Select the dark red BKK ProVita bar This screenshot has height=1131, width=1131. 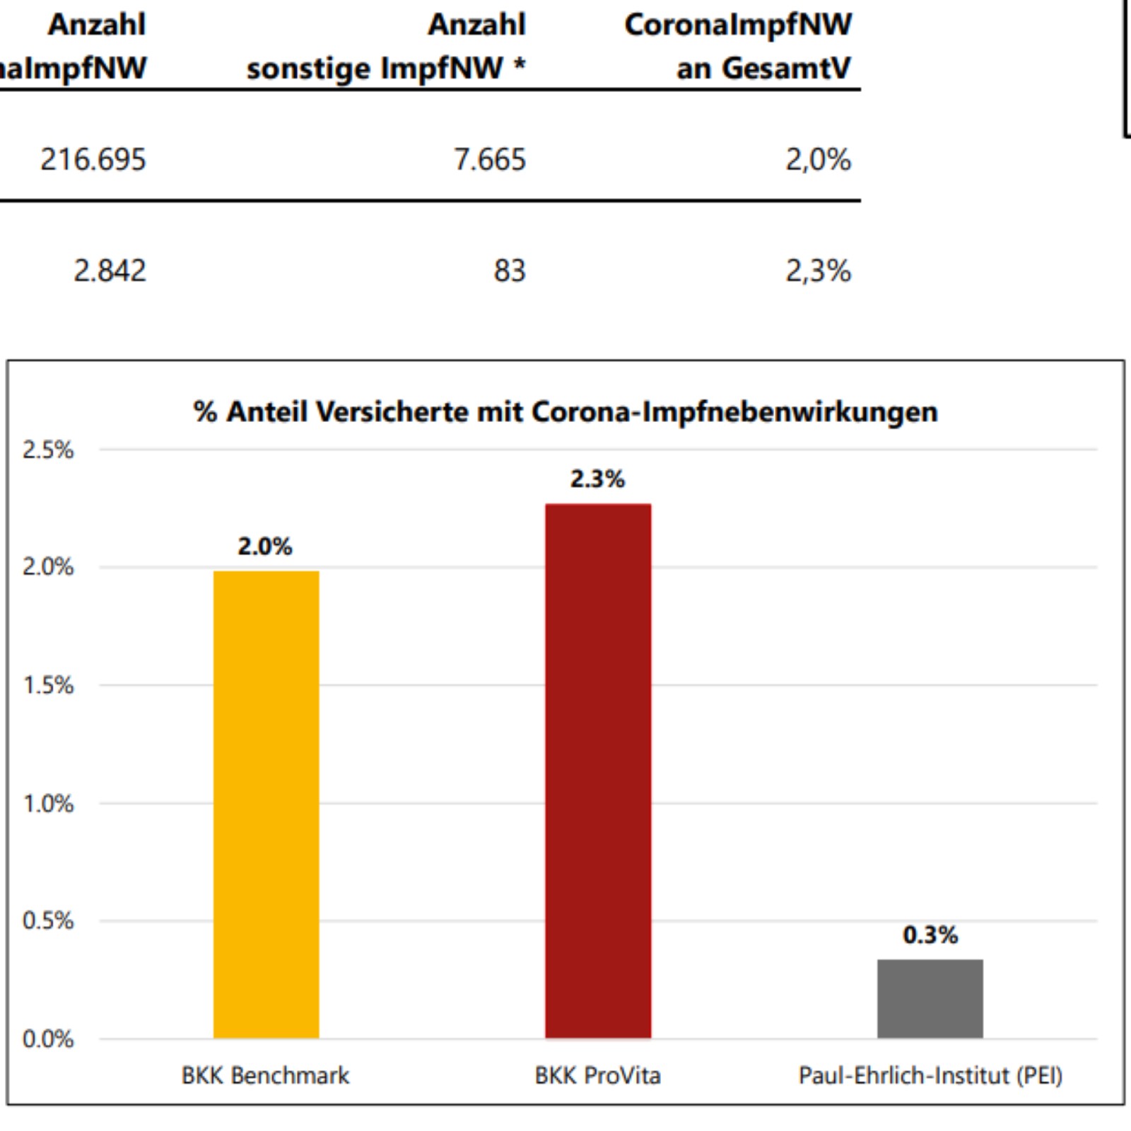[x=597, y=770]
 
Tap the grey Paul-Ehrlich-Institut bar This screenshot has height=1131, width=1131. [x=930, y=998]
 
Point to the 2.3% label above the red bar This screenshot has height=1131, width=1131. [x=597, y=479]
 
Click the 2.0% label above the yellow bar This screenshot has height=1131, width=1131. [x=264, y=546]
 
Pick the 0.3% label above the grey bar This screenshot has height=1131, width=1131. [x=930, y=935]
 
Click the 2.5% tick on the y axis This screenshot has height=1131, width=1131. [x=48, y=450]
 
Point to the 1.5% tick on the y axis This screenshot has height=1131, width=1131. [x=48, y=685]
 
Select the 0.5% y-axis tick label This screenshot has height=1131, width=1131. [x=48, y=921]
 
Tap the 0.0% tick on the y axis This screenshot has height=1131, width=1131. [x=48, y=1039]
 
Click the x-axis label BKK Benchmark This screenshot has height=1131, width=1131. [x=265, y=1076]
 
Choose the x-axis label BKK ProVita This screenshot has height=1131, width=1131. [x=597, y=1076]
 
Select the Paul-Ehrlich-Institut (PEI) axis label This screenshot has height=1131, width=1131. [x=930, y=1076]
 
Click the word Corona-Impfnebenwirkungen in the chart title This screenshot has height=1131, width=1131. [x=734, y=412]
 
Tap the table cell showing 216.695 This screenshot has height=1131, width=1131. [x=93, y=159]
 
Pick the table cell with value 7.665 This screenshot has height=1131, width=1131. [x=489, y=159]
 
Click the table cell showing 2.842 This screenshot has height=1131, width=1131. [x=110, y=271]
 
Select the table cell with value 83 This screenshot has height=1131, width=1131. [x=510, y=271]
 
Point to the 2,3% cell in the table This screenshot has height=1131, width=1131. [x=818, y=271]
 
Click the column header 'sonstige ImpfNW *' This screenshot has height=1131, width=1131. [x=386, y=69]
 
